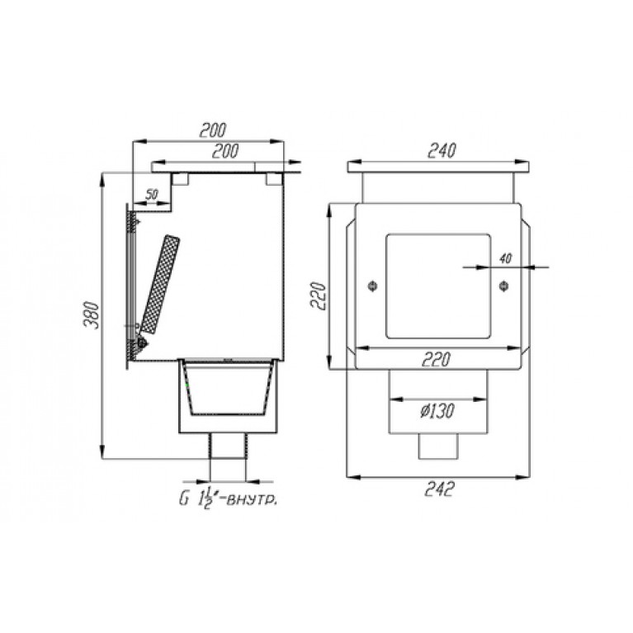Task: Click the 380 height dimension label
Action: coord(92,315)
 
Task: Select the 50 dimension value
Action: coord(151,195)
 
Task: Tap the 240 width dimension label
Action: coord(442,150)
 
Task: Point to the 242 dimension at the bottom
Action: coord(439,489)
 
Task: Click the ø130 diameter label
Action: coord(437,411)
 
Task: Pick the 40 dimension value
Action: coord(505,258)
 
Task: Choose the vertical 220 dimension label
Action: coord(318,295)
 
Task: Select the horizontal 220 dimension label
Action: coord(436,359)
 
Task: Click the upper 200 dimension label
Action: coord(213,130)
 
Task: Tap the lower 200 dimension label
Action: coord(225,150)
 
